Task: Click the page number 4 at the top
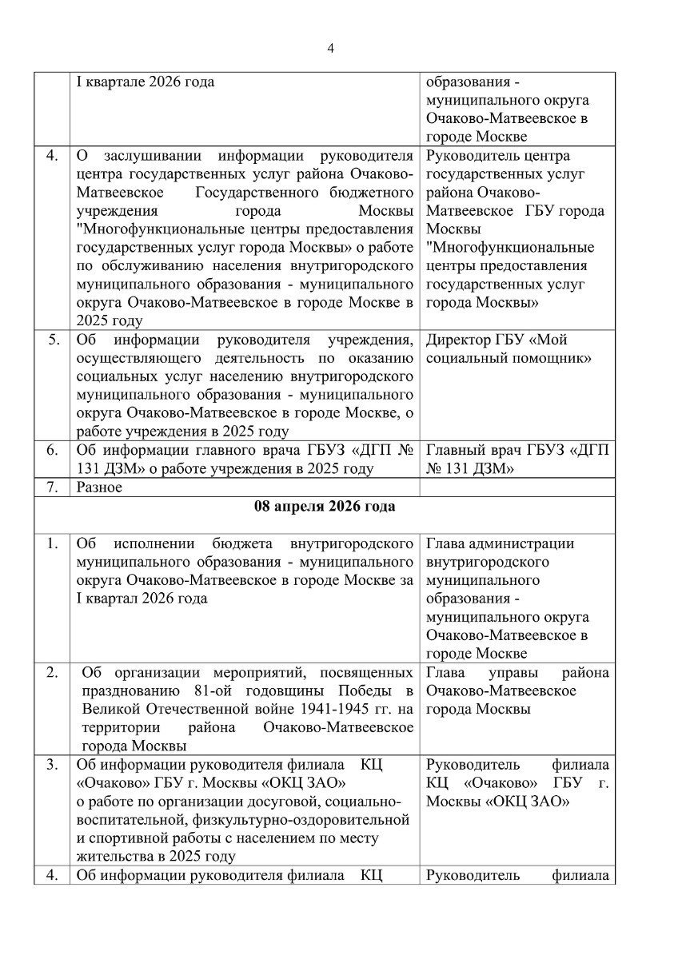[x=330, y=49]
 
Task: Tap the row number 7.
[x=51, y=487]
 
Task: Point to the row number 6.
[x=51, y=451]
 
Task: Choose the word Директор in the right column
[x=457, y=340]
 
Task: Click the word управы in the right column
[x=512, y=673]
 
